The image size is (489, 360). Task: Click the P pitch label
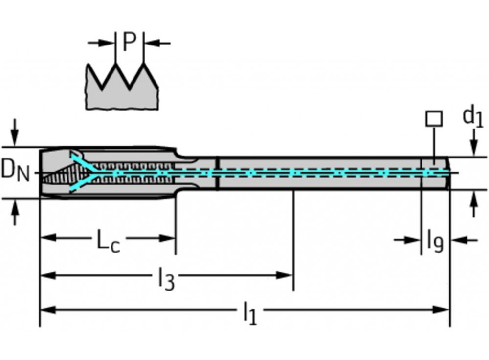(x=129, y=43)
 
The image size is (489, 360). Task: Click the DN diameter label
(x=16, y=171)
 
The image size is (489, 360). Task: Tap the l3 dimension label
(x=166, y=279)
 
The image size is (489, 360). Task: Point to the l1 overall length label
(x=249, y=313)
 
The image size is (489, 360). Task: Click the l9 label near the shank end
(x=435, y=241)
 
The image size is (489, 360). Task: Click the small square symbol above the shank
(x=434, y=118)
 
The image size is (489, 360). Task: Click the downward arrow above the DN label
(x=15, y=132)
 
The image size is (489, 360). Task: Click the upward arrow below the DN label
(x=15, y=212)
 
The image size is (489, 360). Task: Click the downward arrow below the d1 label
(x=473, y=145)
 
